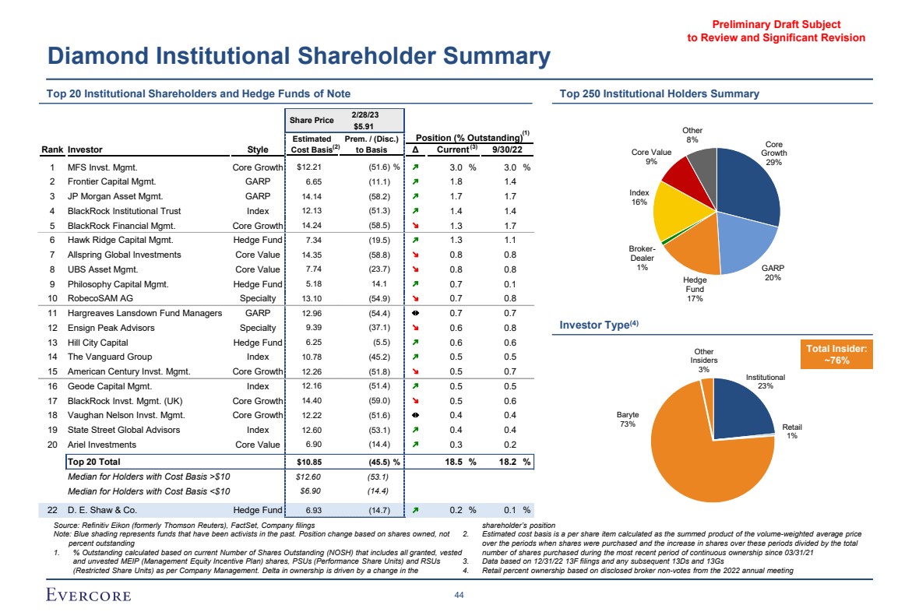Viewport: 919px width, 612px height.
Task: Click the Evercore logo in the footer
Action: tap(86, 596)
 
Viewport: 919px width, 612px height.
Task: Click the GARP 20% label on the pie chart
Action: tap(773, 272)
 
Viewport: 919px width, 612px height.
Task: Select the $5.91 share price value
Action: tap(364, 126)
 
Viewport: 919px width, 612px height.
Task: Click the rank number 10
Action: tap(52, 299)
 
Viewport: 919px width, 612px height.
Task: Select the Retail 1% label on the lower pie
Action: tap(792, 431)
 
